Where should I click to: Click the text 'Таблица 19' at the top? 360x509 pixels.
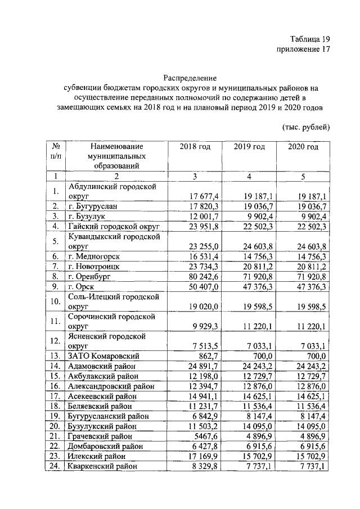coord(309,39)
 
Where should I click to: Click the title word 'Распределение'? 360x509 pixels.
coord(190,77)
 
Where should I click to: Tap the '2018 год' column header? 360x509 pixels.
coord(195,147)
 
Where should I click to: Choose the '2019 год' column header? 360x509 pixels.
coord(249,147)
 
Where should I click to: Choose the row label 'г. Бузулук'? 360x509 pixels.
coord(87,216)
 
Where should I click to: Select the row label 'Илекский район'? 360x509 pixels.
coord(96,456)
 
